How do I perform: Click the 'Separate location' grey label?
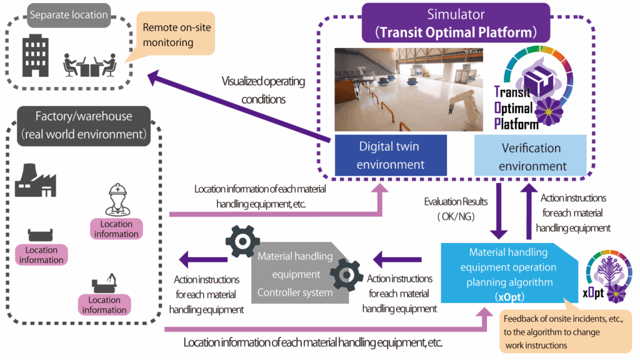[x=69, y=14]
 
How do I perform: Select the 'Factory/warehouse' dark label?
[x=83, y=125]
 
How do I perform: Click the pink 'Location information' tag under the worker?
[x=116, y=229]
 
